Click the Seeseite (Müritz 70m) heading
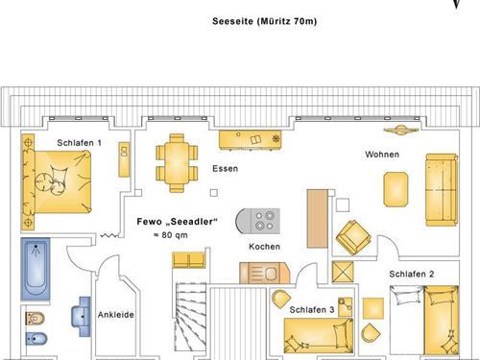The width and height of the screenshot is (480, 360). pos(265,21)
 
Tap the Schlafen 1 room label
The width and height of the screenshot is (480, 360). pos(79,143)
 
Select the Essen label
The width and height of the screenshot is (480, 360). pos(226,169)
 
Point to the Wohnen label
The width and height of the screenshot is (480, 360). pos(382,155)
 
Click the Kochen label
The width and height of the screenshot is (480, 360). pos(264,247)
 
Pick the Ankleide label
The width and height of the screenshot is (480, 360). pos(116,315)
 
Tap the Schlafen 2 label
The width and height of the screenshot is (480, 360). pos(412,274)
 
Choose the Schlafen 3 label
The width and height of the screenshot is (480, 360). pos(312,309)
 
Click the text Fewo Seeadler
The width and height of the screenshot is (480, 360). pos(178,222)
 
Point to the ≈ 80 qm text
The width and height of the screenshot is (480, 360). pos(171,235)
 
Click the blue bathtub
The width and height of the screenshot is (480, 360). pos(36,269)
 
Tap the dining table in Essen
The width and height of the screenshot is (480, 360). pos(177,163)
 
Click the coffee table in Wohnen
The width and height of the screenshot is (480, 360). pos(396,189)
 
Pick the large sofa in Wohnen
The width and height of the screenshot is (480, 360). pos(442,190)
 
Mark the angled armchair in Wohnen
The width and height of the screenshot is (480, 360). pos(353,237)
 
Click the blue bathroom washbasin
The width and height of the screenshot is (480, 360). pos(82,317)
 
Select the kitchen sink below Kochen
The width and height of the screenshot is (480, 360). pos(265,273)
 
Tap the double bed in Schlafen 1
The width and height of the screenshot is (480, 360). pos(57,181)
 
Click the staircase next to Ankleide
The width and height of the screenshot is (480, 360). pos(190,317)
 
